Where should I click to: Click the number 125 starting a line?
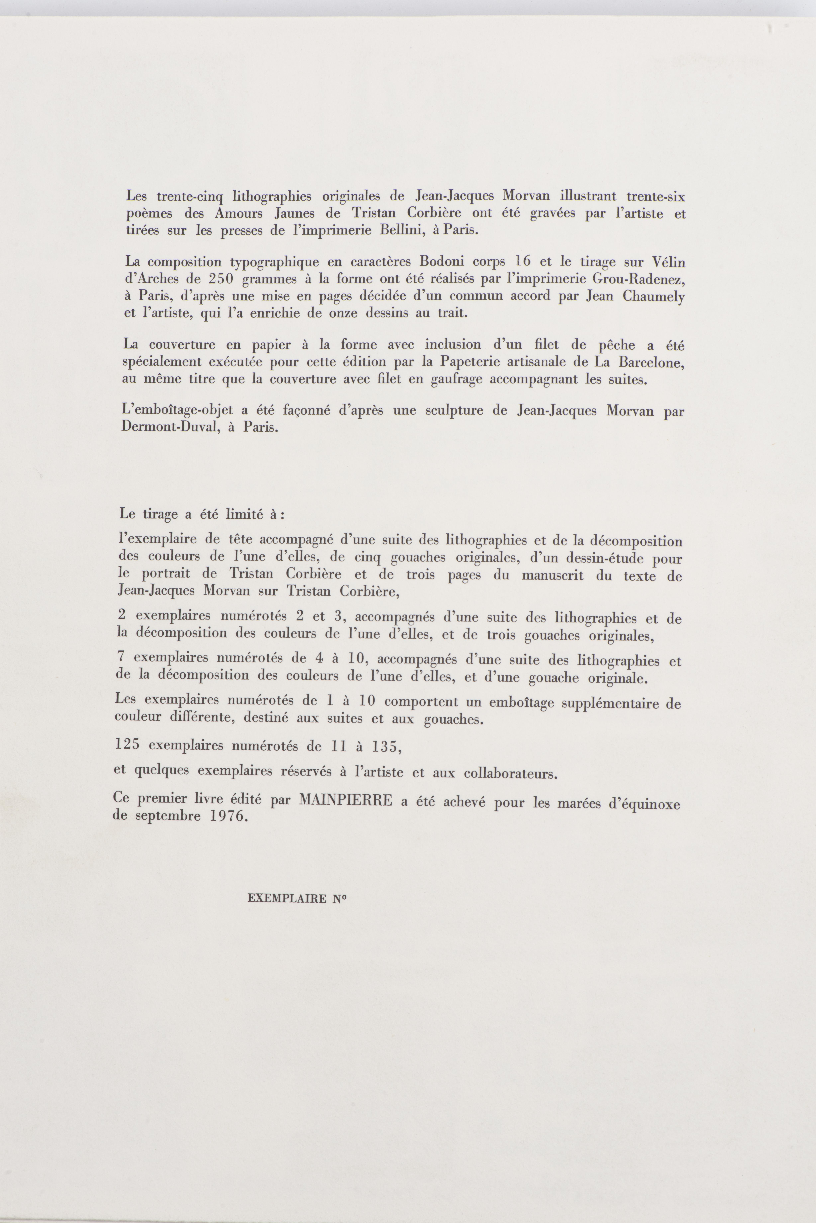point(128,744)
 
